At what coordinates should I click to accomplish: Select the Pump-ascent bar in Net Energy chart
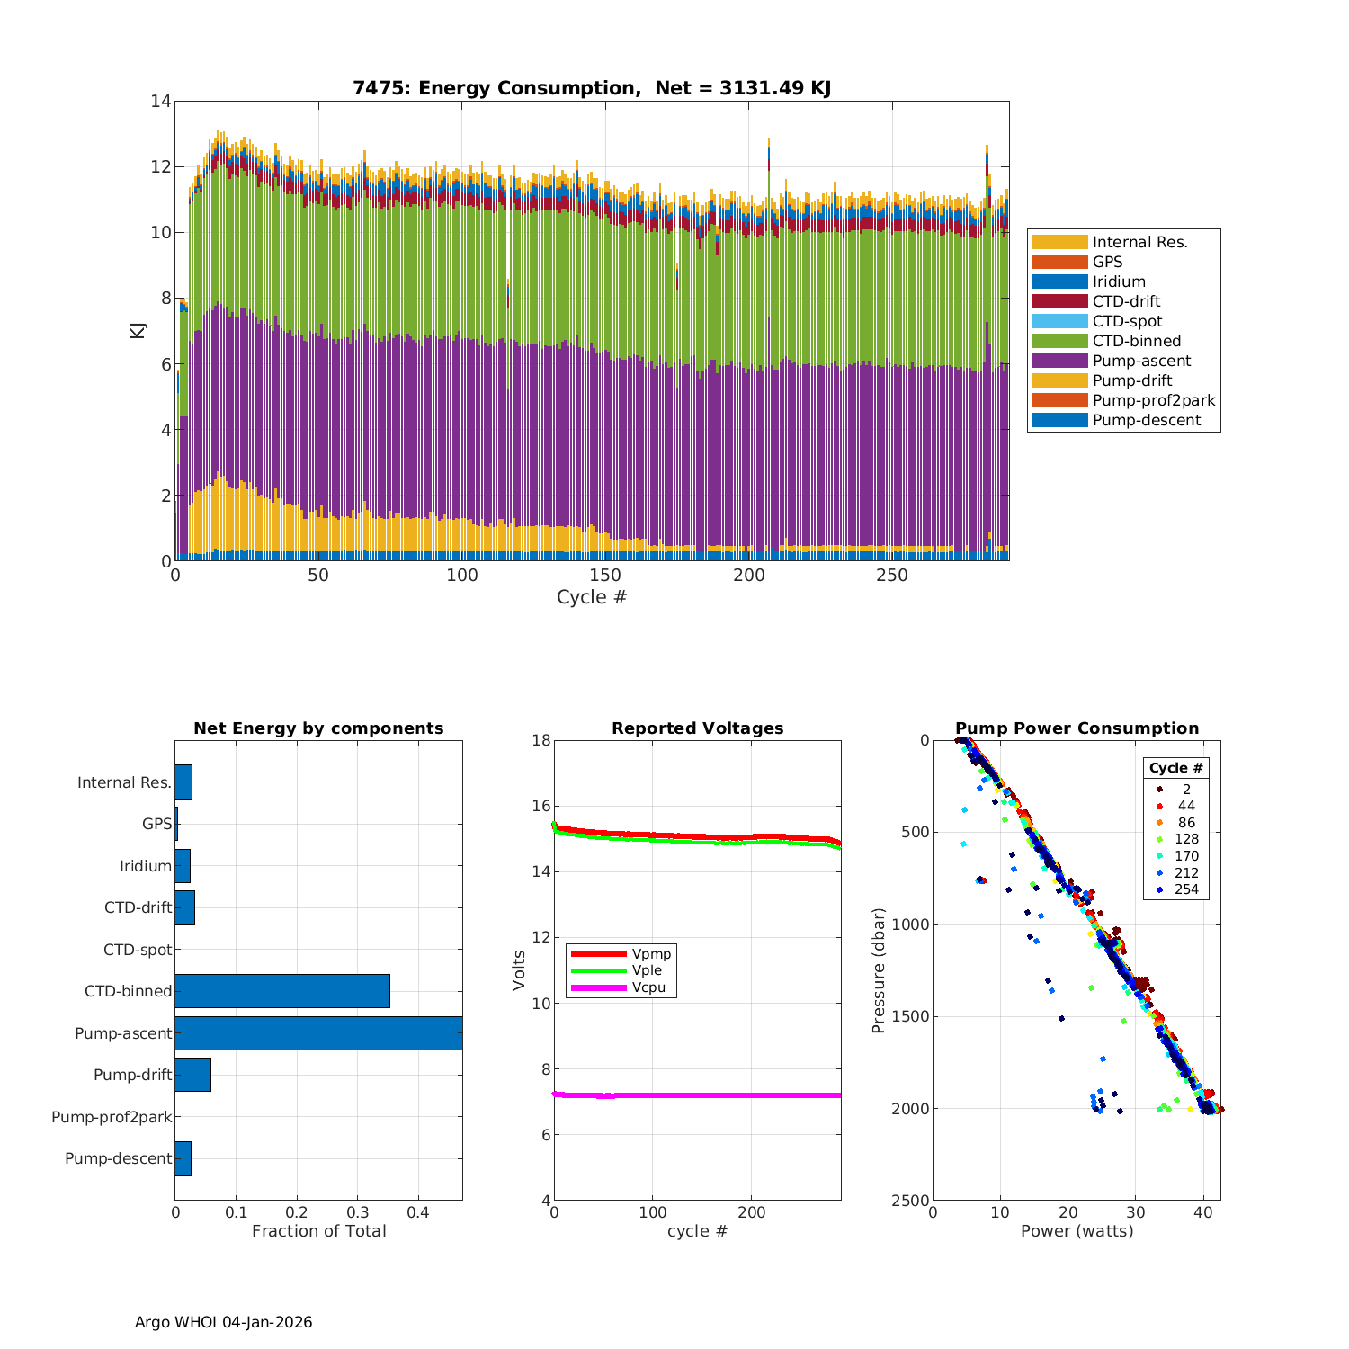click(318, 1033)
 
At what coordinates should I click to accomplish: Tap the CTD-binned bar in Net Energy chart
click(282, 991)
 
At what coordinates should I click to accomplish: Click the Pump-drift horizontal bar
click(192, 1075)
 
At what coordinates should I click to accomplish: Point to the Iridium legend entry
click(1119, 281)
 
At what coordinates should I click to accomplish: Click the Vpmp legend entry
click(651, 953)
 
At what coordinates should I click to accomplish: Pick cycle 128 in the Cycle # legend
click(1186, 839)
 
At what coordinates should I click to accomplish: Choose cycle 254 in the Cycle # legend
click(1186, 889)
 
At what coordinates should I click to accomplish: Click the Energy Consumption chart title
click(592, 88)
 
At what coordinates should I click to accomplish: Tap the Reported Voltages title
click(697, 728)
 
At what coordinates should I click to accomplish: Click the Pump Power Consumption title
click(1077, 728)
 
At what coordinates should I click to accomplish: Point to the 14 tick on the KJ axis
click(161, 101)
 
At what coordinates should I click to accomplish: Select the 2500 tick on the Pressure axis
click(911, 1201)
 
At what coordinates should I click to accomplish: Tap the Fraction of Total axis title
click(318, 1231)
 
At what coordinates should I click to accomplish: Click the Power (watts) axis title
click(1077, 1231)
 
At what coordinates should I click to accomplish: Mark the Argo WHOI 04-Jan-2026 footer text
click(223, 1322)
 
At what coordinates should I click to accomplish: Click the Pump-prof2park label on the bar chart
click(112, 1117)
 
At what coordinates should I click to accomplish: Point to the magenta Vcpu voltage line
click(719, 1095)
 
